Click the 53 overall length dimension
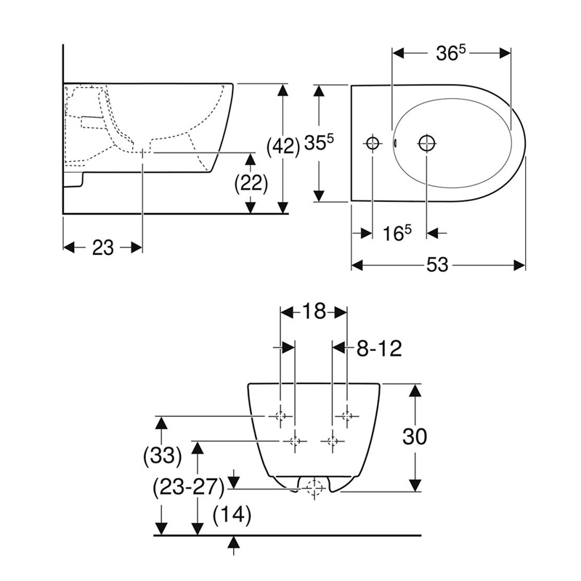(437, 265)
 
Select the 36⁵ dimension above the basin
(450, 54)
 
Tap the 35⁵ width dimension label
(319, 142)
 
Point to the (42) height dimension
(283, 147)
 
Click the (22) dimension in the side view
(251, 183)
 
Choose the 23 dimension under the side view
(102, 248)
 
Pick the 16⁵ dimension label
(397, 233)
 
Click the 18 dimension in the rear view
(314, 312)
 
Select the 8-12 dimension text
(379, 349)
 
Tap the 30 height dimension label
(415, 436)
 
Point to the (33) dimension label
(162, 455)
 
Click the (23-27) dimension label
(189, 487)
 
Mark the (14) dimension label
(232, 515)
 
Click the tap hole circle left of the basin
(373, 142)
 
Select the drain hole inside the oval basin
(427, 142)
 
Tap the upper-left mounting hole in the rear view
(280, 416)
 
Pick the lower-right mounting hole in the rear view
(333, 442)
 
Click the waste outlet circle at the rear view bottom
(314, 487)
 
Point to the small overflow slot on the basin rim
(395, 142)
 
